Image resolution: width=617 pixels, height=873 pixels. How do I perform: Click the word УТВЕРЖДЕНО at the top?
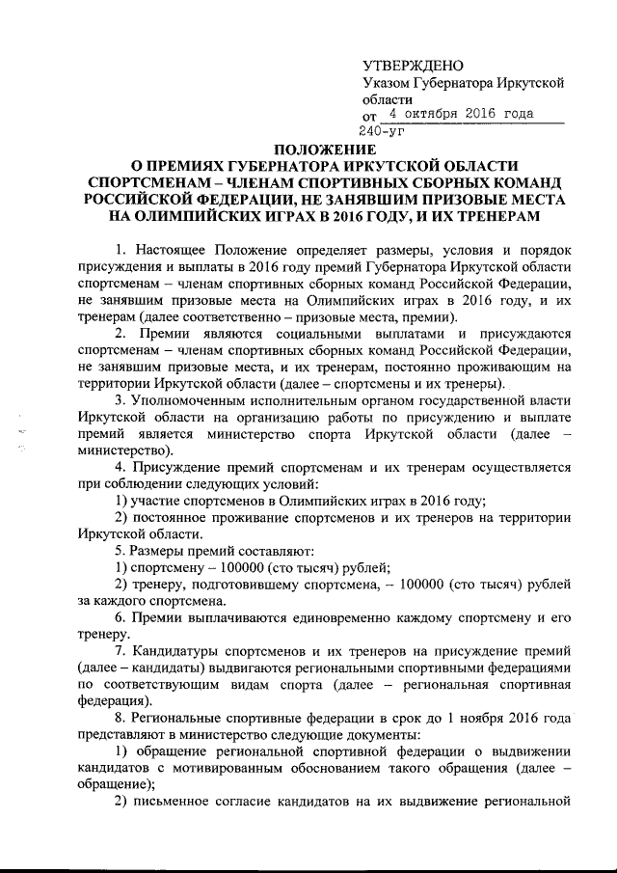(x=413, y=66)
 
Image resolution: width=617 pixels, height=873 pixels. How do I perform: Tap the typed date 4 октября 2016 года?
(x=469, y=114)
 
